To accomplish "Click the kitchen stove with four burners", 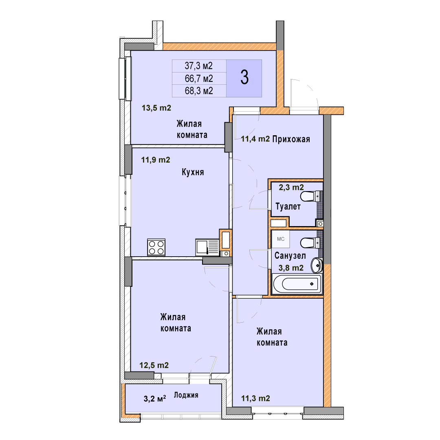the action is click(156, 247).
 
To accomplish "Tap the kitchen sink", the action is click(207, 247).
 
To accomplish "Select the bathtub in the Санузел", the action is click(297, 284).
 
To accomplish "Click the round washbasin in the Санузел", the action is click(317, 265).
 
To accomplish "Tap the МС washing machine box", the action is click(281, 239).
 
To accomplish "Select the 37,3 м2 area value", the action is click(199, 66).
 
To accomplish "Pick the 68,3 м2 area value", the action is click(199, 91).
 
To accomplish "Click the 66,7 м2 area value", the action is click(199, 79).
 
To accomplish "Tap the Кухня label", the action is click(193, 172).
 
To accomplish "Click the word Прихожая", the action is click(291, 139).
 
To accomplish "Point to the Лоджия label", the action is click(186, 395).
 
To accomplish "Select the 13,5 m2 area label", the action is click(156, 108).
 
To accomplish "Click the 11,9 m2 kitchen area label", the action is click(156, 160).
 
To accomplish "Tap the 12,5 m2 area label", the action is click(154, 365).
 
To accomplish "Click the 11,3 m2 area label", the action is click(255, 398).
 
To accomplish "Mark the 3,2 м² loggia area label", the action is click(155, 399).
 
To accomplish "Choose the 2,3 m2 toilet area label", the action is click(291, 187).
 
